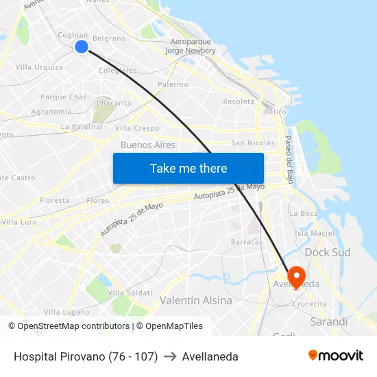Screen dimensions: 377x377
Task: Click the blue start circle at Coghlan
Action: point(82,47)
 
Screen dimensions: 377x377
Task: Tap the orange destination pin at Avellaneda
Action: point(297,276)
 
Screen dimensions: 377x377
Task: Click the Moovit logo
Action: point(335,356)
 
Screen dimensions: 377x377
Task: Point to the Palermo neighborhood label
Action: point(173,84)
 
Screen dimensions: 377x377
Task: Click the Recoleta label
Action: point(239,101)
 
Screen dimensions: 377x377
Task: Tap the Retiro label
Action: point(275,111)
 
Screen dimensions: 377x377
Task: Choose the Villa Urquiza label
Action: point(39,67)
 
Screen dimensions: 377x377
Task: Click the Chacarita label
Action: point(114,103)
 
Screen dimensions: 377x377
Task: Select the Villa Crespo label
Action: point(137,128)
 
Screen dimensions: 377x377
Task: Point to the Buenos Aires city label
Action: point(148,145)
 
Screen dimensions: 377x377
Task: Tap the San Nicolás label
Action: point(253,143)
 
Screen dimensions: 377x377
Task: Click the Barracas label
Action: point(247,241)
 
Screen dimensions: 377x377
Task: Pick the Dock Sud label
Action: point(328,252)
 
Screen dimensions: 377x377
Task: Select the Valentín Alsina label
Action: point(196,300)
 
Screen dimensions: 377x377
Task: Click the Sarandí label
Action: point(329,321)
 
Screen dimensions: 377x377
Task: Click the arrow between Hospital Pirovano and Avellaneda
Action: point(170,356)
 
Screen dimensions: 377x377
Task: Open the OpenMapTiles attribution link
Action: point(174,326)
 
